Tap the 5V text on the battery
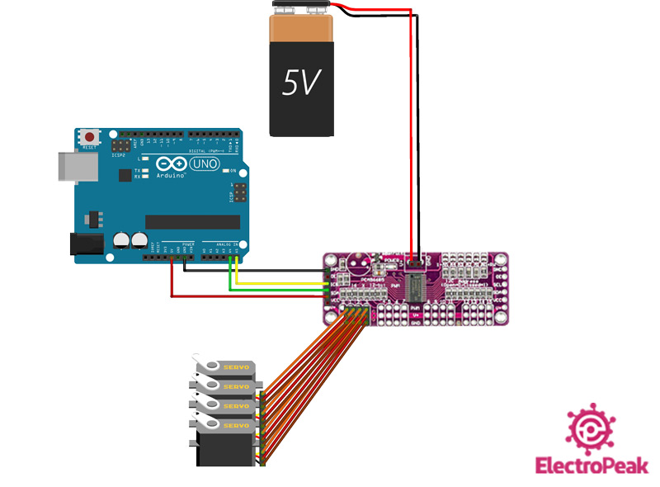[x=301, y=83]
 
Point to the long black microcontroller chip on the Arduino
[x=192, y=222]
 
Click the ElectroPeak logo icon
[x=591, y=428]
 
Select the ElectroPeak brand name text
[x=592, y=466]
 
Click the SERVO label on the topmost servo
[x=237, y=366]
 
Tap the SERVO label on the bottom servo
[x=237, y=425]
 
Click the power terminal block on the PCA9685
[x=415, y=262]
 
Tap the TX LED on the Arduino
[x=145, y=170]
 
